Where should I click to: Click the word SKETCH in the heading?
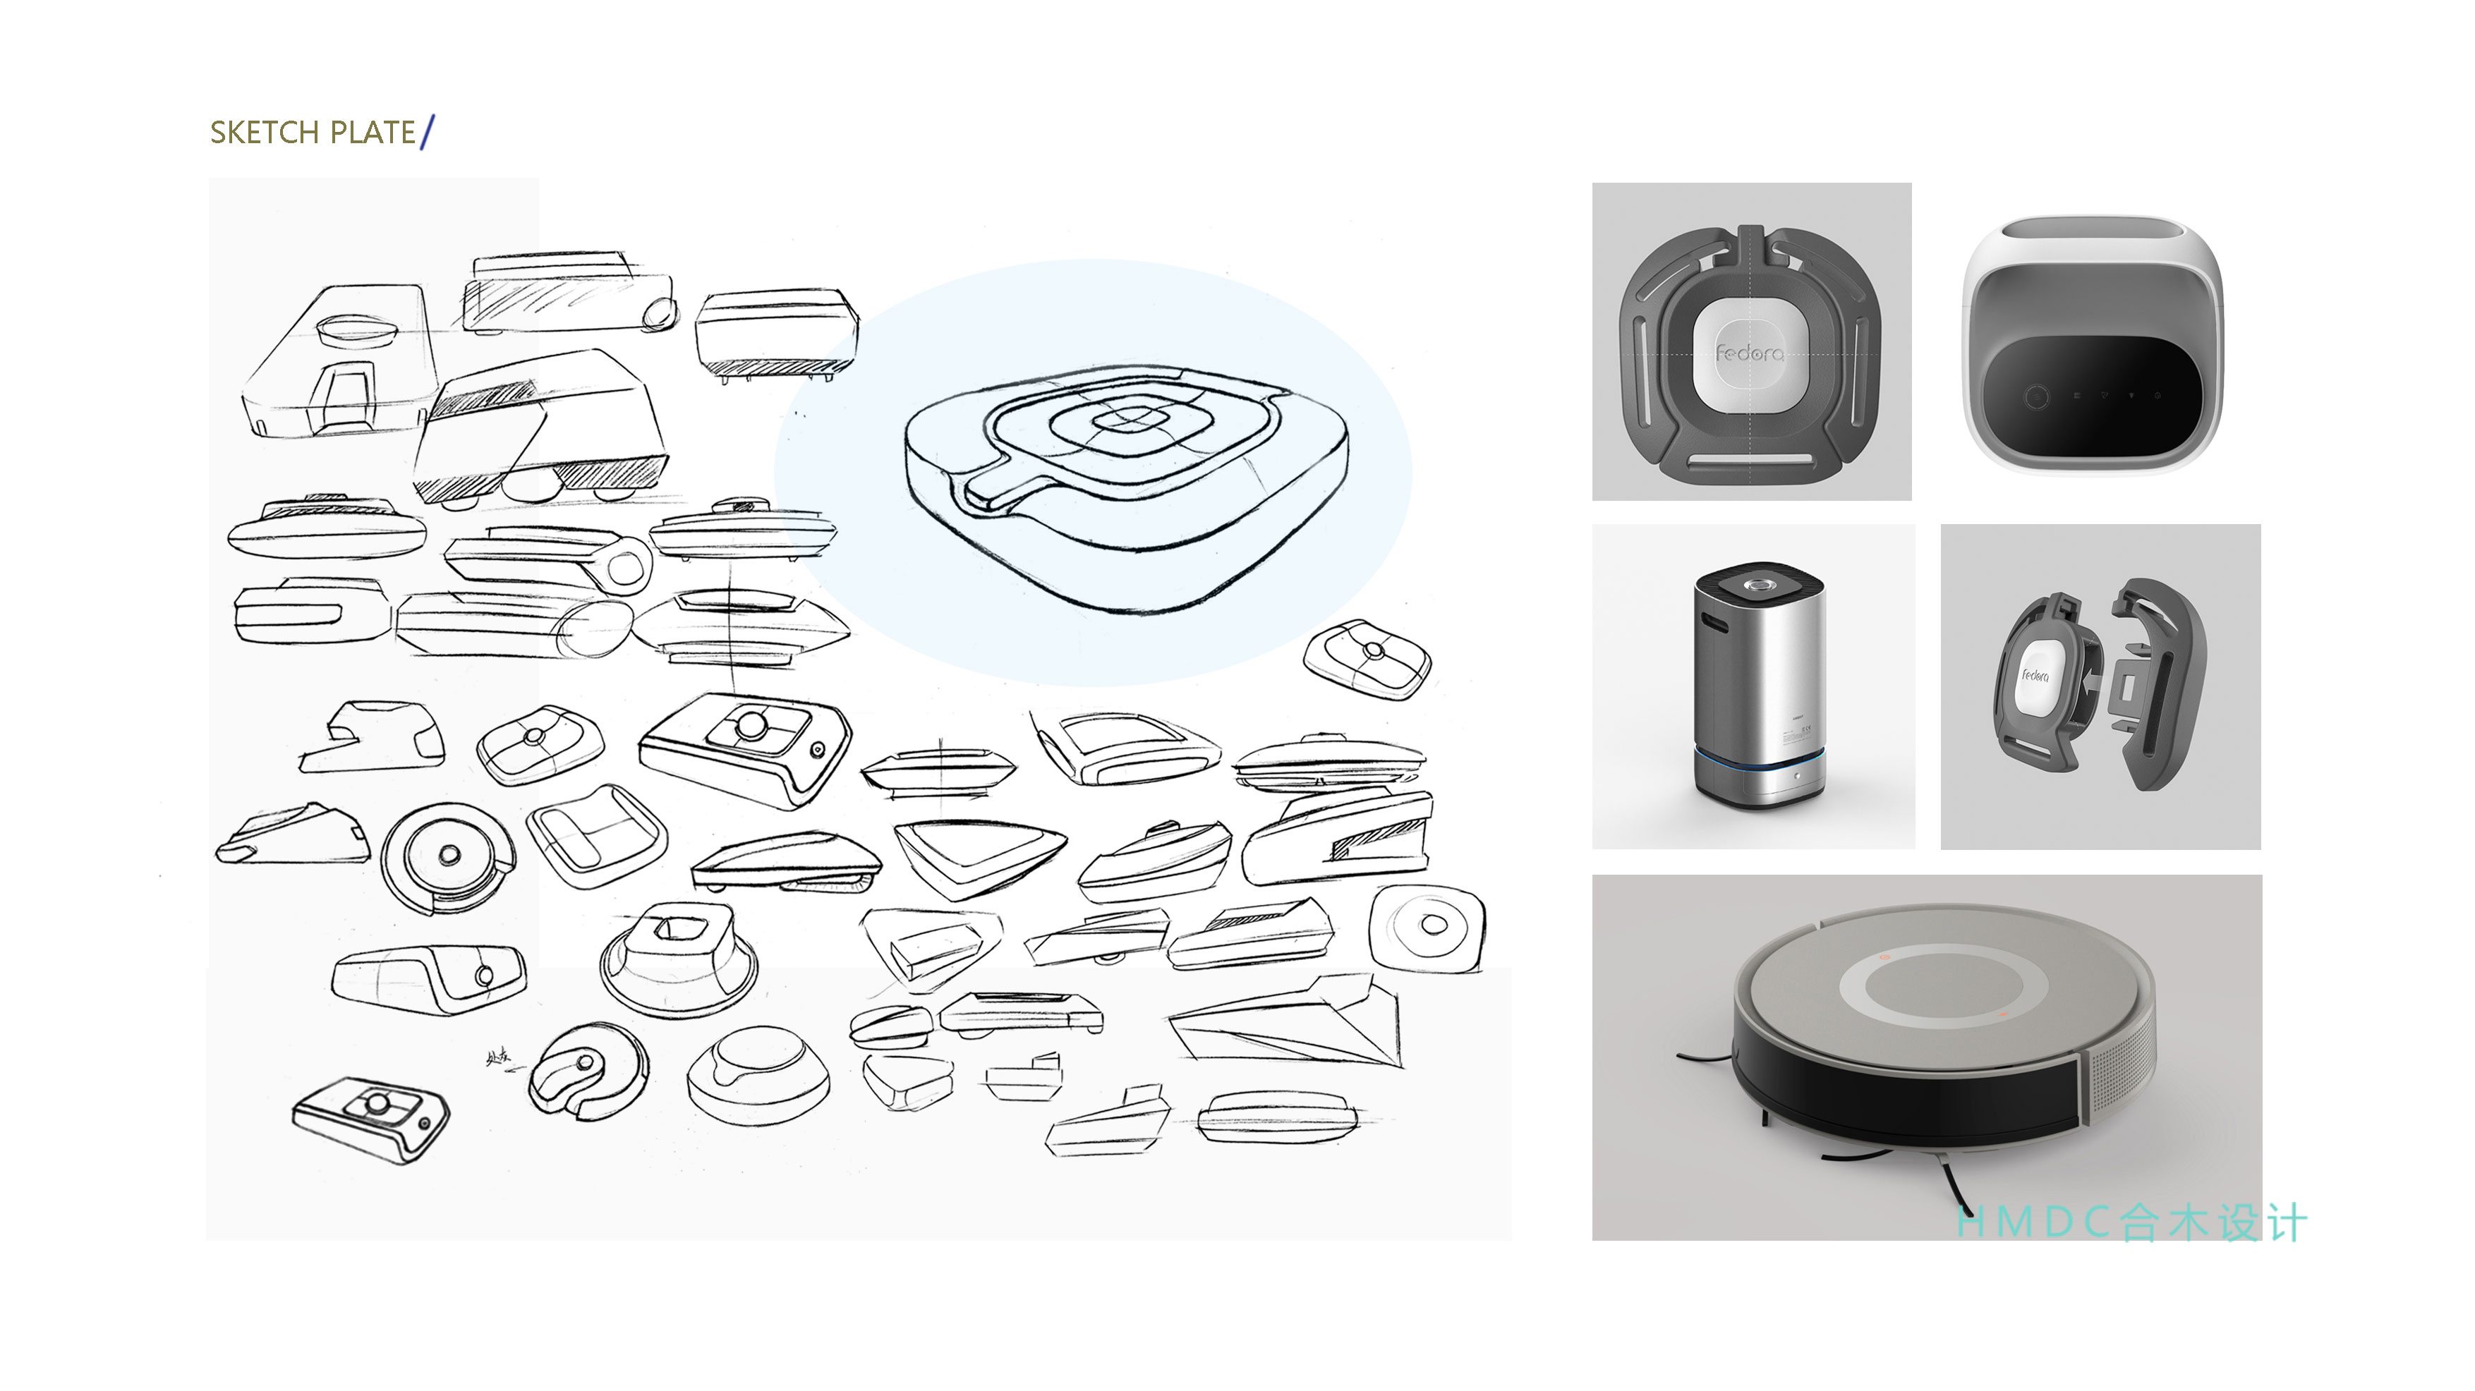coord(263,133)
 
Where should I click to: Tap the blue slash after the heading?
coord(428,132)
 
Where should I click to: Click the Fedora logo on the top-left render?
coord(1750,353)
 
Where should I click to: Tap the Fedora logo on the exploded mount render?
coord(2034,675)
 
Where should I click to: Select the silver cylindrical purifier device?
coord(1758,687)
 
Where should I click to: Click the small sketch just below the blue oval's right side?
coord(1366,659)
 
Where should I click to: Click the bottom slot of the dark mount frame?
coord(1750,461)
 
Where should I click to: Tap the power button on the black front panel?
coord(2034,396)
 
